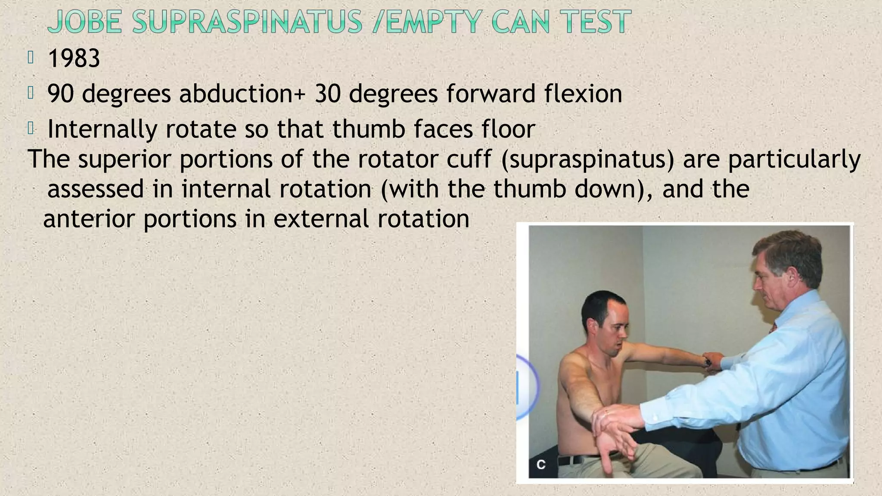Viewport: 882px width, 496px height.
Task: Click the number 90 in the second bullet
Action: point(60,93)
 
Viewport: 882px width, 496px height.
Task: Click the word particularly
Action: point(795,160)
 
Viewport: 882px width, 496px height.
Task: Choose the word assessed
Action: point(95,189)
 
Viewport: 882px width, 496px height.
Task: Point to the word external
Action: point(321,219)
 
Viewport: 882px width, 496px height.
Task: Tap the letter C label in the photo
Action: point(541,465)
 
